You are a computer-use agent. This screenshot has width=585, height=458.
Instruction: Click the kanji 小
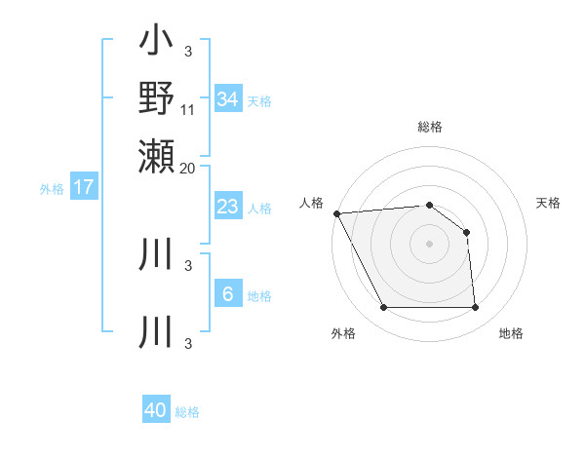coord(156,43)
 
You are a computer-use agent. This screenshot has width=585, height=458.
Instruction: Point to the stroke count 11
coord(188,109)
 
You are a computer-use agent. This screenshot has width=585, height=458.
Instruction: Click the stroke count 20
coord(188,167)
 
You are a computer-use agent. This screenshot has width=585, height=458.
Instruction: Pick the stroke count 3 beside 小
coord(188,51)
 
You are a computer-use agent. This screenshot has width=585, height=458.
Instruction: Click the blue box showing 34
coord(227,98)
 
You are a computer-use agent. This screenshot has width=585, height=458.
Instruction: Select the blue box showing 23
coord(227,207)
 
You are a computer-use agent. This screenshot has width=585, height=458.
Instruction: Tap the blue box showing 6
coord(227,294)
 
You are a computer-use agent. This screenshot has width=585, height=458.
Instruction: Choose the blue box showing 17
coord(84,187)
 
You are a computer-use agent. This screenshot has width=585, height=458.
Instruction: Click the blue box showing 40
coord(156,410)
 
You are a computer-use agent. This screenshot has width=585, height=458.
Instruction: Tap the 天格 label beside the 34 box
coord(259,101)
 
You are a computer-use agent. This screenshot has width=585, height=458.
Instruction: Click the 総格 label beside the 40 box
coord(187,412)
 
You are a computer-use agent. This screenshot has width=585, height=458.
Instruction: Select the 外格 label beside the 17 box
coord(52,189)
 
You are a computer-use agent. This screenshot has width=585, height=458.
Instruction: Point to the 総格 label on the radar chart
coord(430,127)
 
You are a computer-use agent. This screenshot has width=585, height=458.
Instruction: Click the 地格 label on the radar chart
coord(511,333)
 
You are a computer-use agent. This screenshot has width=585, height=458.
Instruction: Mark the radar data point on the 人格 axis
coord(336,212)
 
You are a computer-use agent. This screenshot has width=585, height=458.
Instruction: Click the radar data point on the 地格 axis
coord(475,308)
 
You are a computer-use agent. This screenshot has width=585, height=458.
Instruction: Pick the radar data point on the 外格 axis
coord(383,308)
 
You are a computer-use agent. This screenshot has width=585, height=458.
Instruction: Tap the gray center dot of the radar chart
coord(429,244)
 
